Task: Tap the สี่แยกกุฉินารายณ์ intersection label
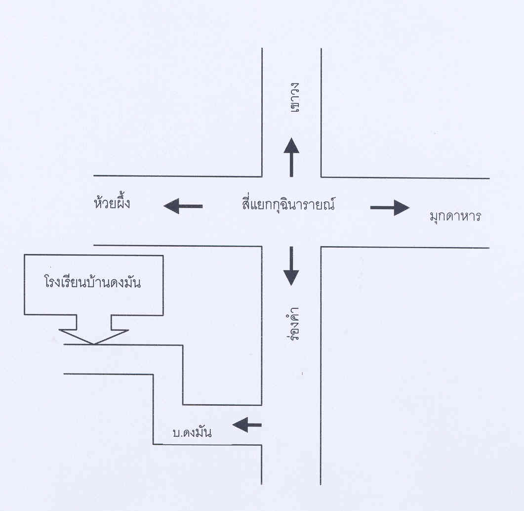click(285, 204)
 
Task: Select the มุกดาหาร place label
click(455, 216)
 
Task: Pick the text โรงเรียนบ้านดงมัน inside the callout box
click(91, 283)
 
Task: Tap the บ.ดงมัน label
click(192, 433)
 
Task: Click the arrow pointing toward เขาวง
click(291, 157)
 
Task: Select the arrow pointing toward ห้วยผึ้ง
click(183, 206)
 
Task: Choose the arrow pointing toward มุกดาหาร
click(390, 208)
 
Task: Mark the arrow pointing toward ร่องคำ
click(291, 265)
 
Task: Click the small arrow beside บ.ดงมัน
click(247, 424)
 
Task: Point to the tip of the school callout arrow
click(94, 343)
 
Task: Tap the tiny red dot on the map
click(302, 374)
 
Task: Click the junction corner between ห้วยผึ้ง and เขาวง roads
click(262, 176)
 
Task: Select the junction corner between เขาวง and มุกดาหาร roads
click(322, 176)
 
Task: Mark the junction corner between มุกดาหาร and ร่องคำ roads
click(322, 247)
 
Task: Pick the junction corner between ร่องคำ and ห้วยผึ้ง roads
click(262, 246)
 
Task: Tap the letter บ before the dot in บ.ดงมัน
click(176, 433)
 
